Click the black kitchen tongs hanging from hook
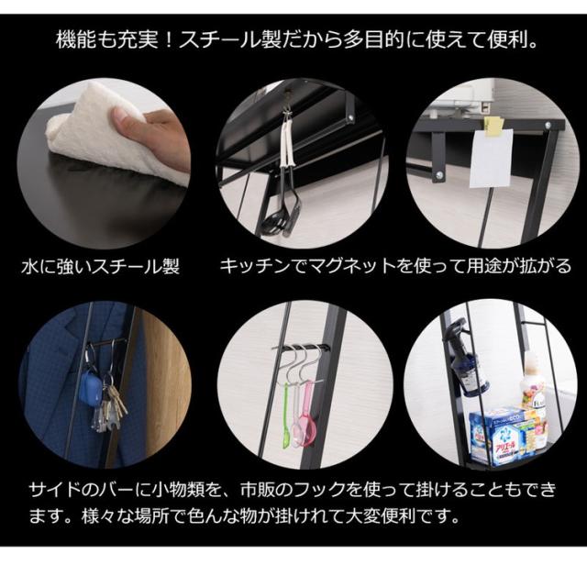pyautogui.click(x=284, y=176)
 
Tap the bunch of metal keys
pyautogui.click(x=108, y=408)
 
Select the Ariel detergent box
pyautogui.click(x=498, y=437)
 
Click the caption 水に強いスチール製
pyautogui.click(x=100, y=267)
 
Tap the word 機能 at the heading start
pyautogui.click(x=74, y=40)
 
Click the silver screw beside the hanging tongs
pyautogui.click(x=350, y=118)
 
